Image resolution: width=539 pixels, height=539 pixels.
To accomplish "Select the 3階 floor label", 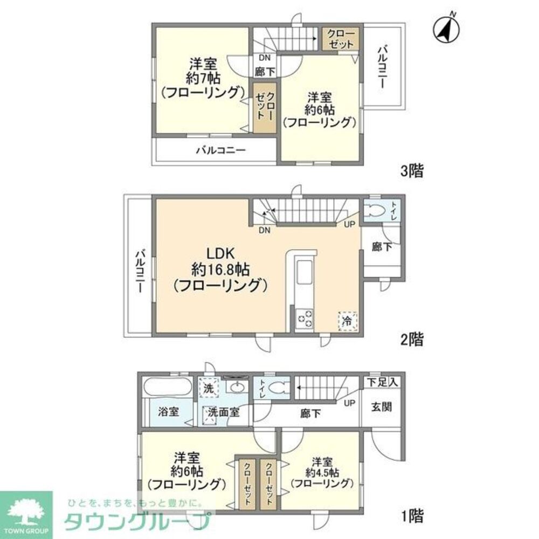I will tap(411, 172).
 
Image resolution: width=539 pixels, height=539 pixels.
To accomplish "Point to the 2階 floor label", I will tap(411, 340).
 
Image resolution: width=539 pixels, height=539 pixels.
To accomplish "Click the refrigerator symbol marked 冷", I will tap(347, 320).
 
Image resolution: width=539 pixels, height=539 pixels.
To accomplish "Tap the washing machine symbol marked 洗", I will tap(208, 386).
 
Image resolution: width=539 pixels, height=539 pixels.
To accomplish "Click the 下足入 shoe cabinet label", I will tap(383, 382).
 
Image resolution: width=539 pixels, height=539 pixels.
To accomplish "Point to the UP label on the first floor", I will tap(350, 403).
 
